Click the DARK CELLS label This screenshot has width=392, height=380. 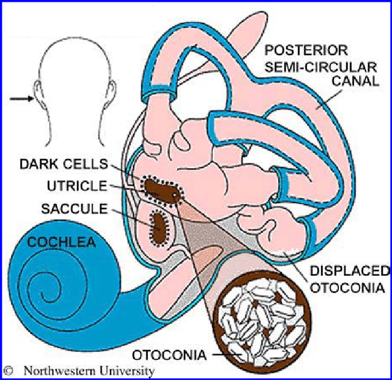tap(63, 164)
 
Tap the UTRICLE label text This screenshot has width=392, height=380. tap(77, 186)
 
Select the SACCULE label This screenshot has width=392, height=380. tap(74, 209)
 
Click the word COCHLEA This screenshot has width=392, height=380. tap(61, 242)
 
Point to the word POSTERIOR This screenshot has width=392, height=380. tap(306, 50)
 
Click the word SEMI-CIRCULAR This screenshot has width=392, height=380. tap(320, 67)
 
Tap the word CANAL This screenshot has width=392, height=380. tap(355, 81)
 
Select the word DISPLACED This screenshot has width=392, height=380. tap(350, 271)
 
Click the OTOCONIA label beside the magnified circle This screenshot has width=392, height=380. tap(169, 355)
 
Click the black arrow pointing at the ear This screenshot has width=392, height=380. tap(21, 99)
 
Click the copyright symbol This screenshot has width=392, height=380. tap(8, 371)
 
